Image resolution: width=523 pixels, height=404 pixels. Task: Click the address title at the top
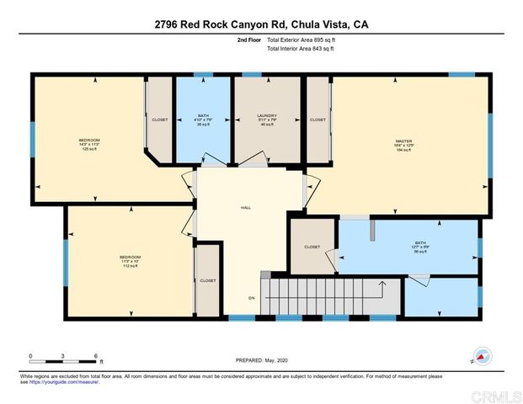point(261,24)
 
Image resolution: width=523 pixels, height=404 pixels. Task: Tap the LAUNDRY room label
point(267,115)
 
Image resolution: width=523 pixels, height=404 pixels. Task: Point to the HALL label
point(245,207)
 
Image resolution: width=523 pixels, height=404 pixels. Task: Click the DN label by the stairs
point(249,298)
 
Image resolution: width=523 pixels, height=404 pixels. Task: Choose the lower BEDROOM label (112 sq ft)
point(130,257)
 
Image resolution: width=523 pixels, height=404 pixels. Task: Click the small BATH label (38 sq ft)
point(203,115)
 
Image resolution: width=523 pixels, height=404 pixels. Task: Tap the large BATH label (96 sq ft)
point(419,242)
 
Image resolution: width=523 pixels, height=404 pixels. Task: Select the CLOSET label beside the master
point(318,120)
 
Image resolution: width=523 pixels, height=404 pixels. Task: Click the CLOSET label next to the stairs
point(312,247)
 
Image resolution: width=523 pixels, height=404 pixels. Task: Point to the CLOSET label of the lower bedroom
point(207,280)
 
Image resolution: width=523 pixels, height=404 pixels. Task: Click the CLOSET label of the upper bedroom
point(159,120)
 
